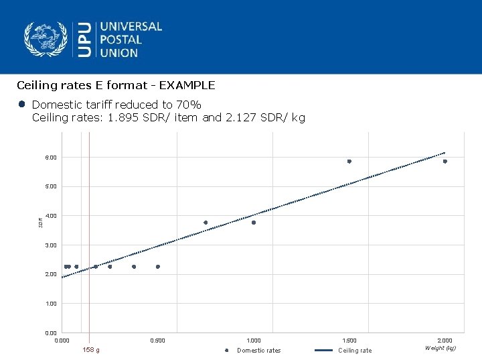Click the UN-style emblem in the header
[46, 39]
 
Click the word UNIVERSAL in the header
[131, 27]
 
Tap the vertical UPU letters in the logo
[85, 40]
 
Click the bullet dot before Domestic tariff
[22, 105]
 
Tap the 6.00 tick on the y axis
[51, 158]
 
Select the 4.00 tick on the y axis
[51, 216]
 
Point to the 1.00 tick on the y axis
[51, 304]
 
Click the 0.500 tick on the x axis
[157, 341]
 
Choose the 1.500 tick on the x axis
[349, 341]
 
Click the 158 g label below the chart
[90, 350]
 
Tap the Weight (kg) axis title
[440, 348]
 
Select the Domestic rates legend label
[259, 351]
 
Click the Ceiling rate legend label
[355, 351]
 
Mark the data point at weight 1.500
[349, 162]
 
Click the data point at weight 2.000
[445, 162]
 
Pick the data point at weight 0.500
[158, 267]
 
